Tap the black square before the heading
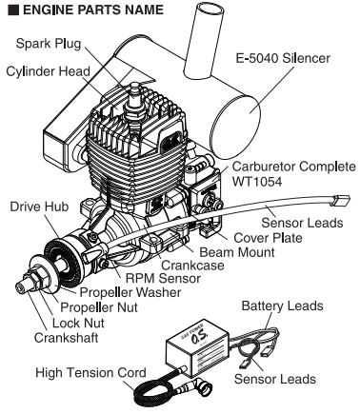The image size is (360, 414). coord(9,10)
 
